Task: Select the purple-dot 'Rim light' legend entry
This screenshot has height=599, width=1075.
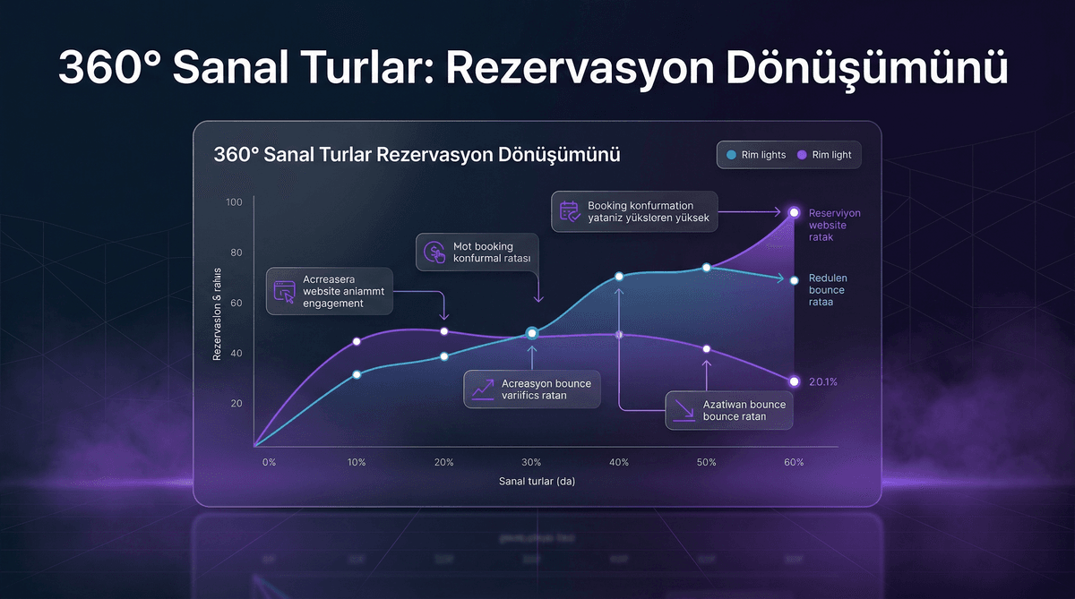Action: tap(824, 155)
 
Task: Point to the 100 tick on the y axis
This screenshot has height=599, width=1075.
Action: tap(235, 202)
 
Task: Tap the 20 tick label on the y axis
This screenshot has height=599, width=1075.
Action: tap(237, 404)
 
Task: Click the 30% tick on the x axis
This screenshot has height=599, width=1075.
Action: tap(531, 463)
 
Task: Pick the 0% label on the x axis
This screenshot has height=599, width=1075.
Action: tap(269, 463)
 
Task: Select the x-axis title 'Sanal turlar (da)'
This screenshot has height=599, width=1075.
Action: tap(537, 482)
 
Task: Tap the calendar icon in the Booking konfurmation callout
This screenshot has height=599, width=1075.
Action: tap(570, 211)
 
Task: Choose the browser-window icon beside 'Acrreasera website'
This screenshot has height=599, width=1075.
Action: tap(284, 291)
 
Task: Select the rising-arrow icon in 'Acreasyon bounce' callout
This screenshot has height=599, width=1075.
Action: tap(483, 389)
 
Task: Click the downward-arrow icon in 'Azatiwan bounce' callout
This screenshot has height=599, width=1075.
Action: tap(684, 410)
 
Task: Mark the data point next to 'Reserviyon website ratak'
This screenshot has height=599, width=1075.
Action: tap(794, 212)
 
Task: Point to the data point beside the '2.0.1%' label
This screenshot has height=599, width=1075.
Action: tap(794, 381)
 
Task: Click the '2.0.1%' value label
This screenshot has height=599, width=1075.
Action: tap(822, 382)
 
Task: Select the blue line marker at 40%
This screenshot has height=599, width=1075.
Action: tap(619, 277)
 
